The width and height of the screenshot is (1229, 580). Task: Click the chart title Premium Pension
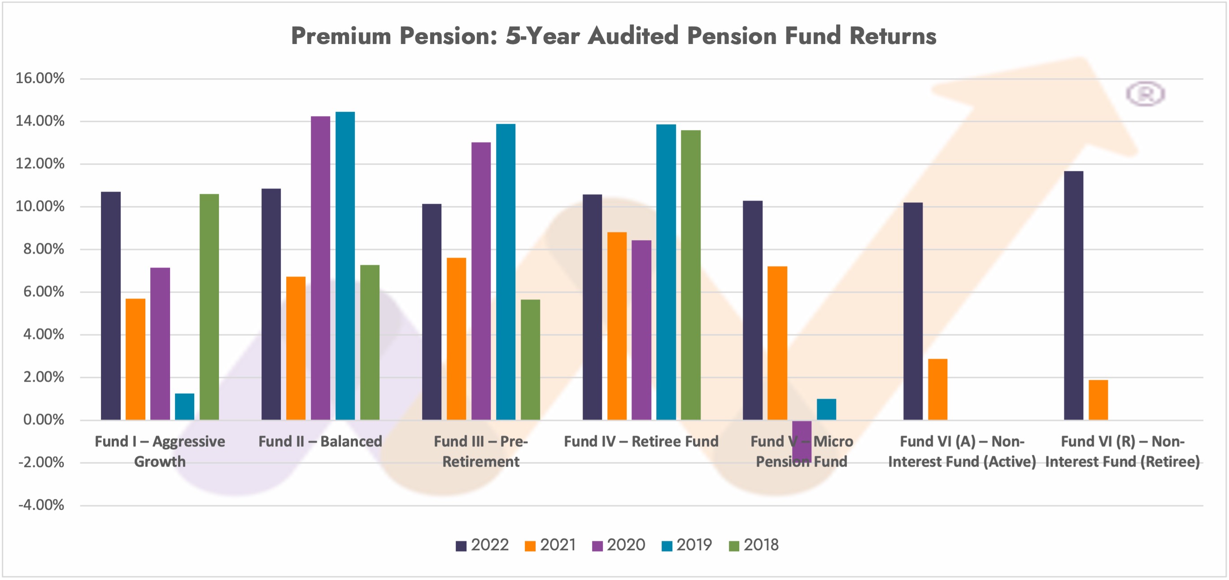pyautogui.click(x=614, y=36)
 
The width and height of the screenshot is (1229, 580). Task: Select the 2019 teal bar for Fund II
pyautogui.click(x=345, y=265)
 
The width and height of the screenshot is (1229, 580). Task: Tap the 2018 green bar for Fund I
pyautogui.click(x=209, y=307)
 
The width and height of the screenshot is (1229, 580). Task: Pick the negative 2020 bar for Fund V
pyautogui.click(x=802, y=440)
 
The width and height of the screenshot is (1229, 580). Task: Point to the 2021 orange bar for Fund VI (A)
pyautogui.click(x=937, y=389)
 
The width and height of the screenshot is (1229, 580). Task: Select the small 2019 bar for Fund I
pyautogui.click(x=185, y=407)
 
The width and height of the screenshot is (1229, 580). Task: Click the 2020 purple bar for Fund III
pyautogui.click(x=481, y=281)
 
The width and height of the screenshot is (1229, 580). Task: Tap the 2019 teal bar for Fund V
pyautogui.click(x=826, y=409)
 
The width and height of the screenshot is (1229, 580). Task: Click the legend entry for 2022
pyautogui.click(x=482, y=545)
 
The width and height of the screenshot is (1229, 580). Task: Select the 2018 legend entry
pyautogui.click(x=754, y=545)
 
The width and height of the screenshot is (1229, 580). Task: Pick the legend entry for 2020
pyautogui.click(x=619, y=545)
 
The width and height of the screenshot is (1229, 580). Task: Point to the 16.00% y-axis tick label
pyautogui.click(x=40, y=78)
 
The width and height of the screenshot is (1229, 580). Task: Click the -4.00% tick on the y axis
pyautogui.click(x=41, y=505)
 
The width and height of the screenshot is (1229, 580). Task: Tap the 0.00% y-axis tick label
pyautogui.click(x=44, y=420)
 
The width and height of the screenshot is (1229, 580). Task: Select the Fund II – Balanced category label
pyautogui.click(x=320, y=442)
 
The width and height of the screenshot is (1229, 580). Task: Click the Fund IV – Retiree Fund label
pyautogui.click(x=641, y=442)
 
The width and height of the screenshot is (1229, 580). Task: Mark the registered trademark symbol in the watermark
pyautogui.click(x=1145, y=93)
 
